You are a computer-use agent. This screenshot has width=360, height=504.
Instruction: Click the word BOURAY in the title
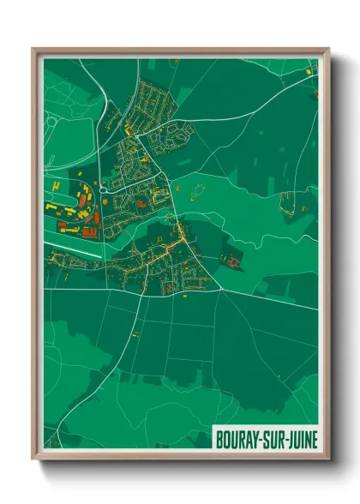(x=233, y=438)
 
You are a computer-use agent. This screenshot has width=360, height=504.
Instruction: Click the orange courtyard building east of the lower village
(x=230, y=257)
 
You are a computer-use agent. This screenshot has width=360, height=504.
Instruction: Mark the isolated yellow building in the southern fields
(x=136, y=332)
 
